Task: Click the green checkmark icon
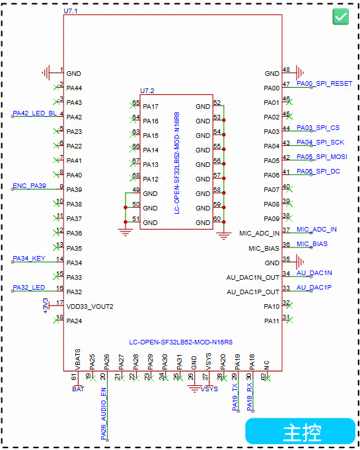[340, 16]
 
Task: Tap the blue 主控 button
[301, 432]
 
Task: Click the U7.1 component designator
[71, 11]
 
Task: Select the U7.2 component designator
[147, 90]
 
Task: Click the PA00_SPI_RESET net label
[324, 84]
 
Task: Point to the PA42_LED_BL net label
[35, 113]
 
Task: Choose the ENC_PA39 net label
[29, 185]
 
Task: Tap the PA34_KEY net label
[29, 258]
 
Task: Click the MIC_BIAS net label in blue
[312, 243]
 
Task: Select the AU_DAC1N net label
[314, 273]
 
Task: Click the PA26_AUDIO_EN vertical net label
[104, 414]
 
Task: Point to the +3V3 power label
[45, 305]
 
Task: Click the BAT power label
[78, 389]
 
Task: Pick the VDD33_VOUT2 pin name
[90, 307]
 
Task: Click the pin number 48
[286, 70]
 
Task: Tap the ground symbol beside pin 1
[46, 73]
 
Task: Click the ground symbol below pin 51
[126, 232]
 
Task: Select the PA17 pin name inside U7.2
[151, 106]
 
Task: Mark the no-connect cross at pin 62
[268, 379]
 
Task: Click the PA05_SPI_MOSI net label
[322, 156]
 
